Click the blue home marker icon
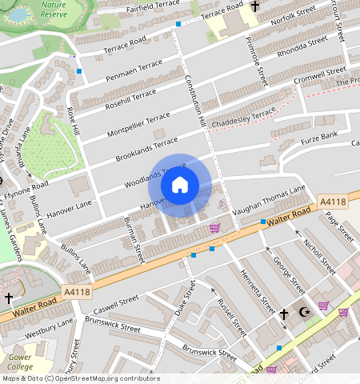tap(180, 185)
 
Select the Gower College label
tap(19, 362)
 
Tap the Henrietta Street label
tap(258, 292)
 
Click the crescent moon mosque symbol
tap(303, 312)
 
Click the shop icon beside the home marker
tap(214, 228)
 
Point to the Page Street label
tap(339, 225)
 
